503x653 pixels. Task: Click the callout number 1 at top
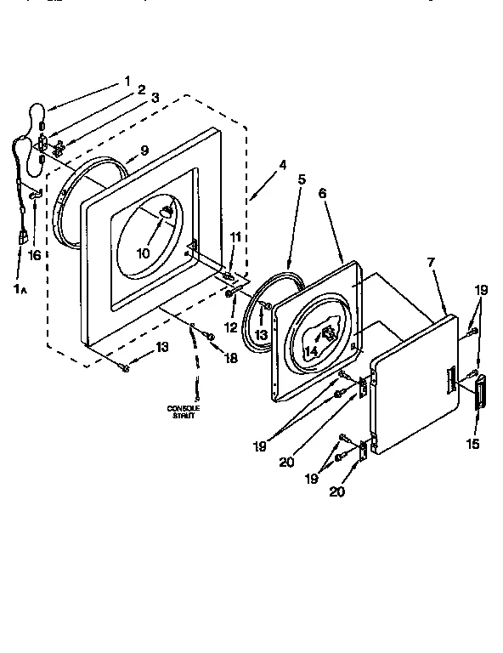tap(128, 82)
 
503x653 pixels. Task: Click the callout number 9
tap(144, 150)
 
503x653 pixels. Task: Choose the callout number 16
tap(35, 254)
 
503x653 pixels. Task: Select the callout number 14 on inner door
tap(312, 351)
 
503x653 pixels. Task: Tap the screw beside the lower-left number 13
tap(126, 366)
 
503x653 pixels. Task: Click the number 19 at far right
tap(481, 289)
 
